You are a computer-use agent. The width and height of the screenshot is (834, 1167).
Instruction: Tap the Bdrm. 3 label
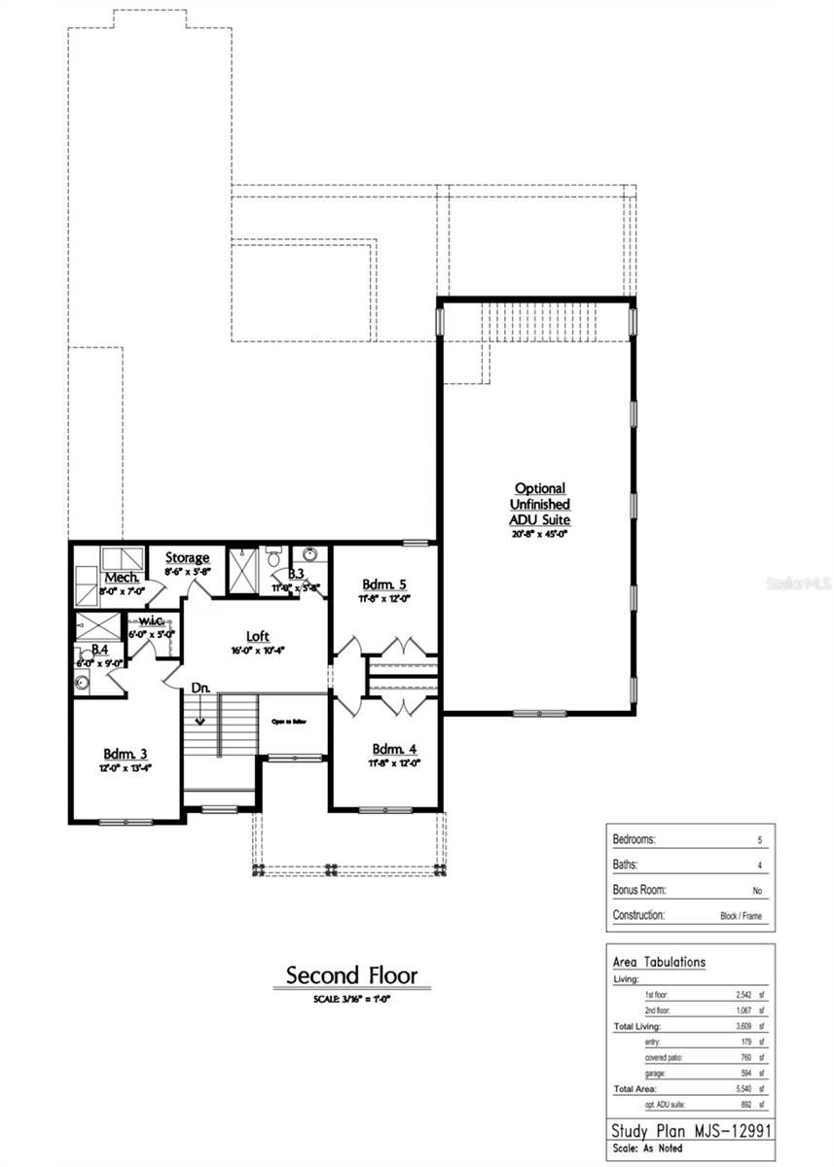coord(127,754)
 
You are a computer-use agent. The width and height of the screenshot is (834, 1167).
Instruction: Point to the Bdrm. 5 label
coord(384,583)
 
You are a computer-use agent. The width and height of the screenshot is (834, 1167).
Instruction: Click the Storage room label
coord(187,557)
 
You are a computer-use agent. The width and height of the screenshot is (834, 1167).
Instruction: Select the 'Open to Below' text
coord(289,723)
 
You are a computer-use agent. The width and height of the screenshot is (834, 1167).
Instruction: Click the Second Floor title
coord(351,974)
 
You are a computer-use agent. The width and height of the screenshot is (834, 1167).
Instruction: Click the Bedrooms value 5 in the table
coord(759,839)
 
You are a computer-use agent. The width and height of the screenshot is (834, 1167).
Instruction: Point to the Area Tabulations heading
coord(659,962)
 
